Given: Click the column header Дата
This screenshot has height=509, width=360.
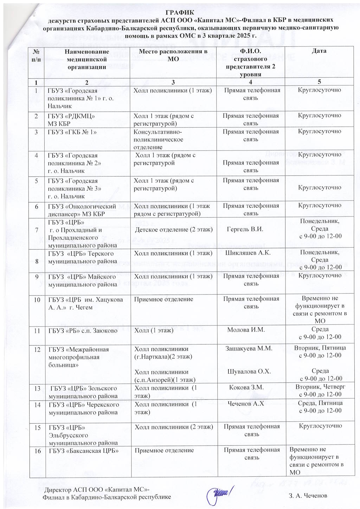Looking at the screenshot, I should (319, 51).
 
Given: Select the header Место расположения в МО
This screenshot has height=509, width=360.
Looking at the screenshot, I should (173, 55).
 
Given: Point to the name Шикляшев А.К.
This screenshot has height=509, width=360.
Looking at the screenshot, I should (250, 253).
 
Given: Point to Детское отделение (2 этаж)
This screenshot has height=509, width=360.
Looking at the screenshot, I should (174, 230).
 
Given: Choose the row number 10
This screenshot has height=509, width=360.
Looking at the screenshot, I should (37, 300).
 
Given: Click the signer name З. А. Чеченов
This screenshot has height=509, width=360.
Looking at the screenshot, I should (308, 495).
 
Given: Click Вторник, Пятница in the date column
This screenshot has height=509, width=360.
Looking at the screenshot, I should (320, 348).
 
